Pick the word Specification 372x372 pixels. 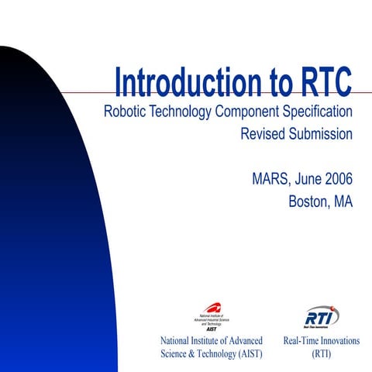(319, 111)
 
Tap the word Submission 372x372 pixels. (320, 134)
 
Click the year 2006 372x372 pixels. (337, 179)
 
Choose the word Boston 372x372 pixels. (308, 202)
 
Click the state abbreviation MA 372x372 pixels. (343, 202)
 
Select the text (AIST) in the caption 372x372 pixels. (246, 354)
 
